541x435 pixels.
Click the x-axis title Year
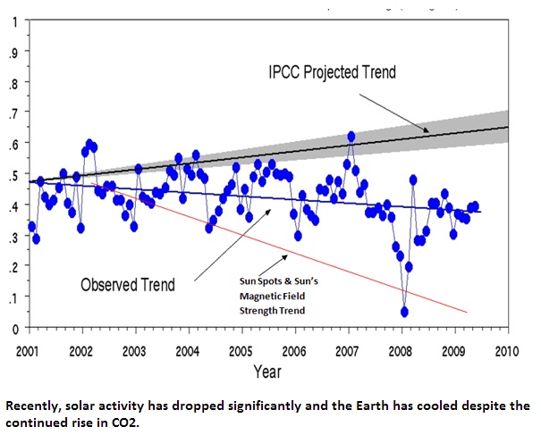click(x=267, y=370)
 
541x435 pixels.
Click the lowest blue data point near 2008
click(x=405, y=312)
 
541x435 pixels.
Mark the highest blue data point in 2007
click(x=351, y=137)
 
